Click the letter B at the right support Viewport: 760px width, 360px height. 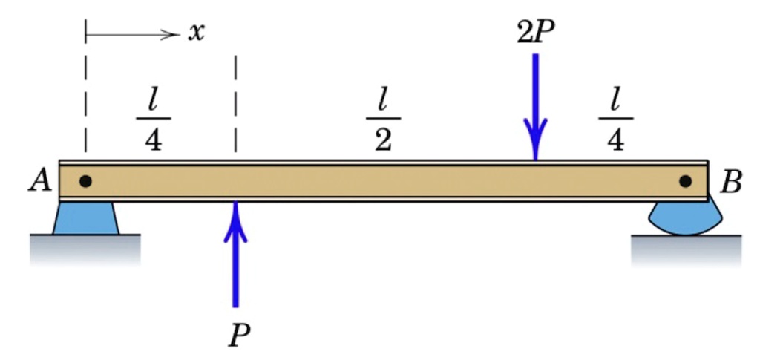click(730, 182)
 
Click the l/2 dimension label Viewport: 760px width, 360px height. click(383, 120)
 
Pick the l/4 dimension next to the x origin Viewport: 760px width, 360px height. click(154, 120)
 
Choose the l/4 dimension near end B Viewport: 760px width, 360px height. click(615, 120)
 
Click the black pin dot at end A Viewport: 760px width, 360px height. click(86, 180)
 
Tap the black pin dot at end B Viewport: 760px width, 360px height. click(685, 180)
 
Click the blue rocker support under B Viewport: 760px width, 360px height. click(685, 217)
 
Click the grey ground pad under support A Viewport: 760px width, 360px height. click(85, 249)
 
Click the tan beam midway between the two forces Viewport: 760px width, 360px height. click(385, 180)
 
